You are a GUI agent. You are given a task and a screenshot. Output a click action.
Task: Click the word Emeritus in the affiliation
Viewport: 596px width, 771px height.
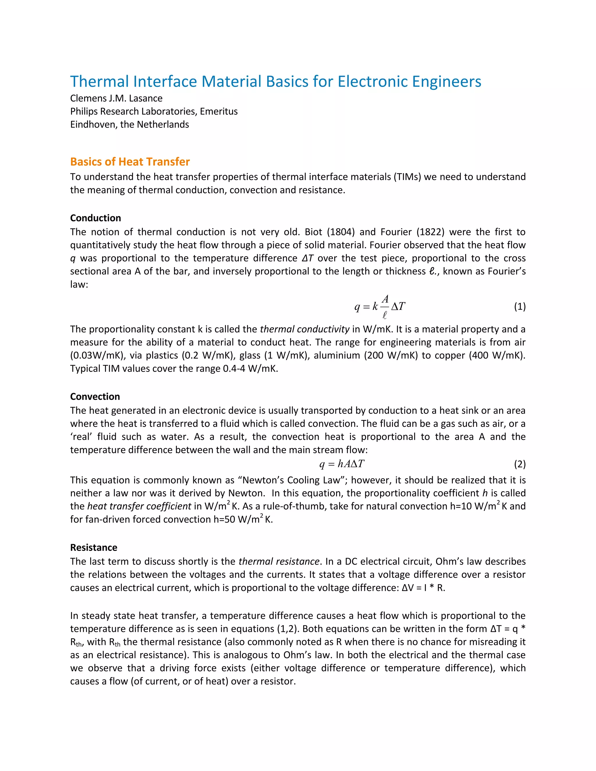click(219, 111)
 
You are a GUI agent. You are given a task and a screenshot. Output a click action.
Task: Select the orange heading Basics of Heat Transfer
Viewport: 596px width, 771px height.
click(130, 161)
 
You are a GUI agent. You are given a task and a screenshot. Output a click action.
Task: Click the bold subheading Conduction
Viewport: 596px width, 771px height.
click(95, 218)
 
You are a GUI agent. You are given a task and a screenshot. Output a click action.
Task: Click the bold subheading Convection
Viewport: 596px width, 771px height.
click(95, 397)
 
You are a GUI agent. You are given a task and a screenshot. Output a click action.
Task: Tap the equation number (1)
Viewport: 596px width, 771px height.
click(520, 306)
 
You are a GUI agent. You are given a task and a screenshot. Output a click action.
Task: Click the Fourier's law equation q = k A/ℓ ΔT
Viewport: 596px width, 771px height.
click(380, 306)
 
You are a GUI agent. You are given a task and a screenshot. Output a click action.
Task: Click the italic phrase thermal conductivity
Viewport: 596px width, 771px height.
click(305, 329)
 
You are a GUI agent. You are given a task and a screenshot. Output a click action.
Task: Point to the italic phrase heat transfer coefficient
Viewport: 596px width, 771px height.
click(139, 506)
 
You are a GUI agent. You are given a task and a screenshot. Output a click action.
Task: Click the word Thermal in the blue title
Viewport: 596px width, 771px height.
click(100, 81)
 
